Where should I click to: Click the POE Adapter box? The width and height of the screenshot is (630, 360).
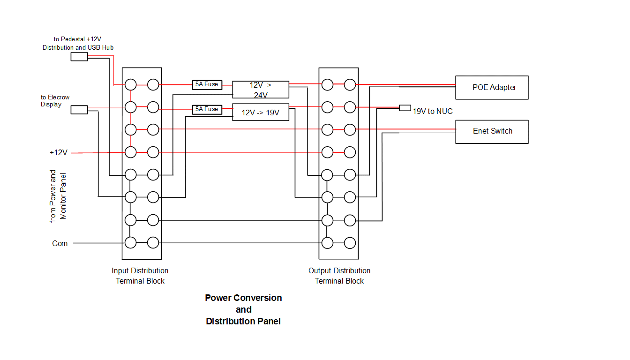(x=492, y=88)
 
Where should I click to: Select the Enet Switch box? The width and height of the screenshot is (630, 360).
(x=492, y=132)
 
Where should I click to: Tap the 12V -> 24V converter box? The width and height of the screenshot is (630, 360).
(x=261, y=90)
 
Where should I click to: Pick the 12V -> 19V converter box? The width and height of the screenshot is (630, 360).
(x=261, y=112)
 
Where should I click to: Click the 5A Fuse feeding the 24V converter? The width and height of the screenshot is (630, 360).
(x=207, y=85)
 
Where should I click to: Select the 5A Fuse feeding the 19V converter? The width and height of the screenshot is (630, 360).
(x=207, y=109)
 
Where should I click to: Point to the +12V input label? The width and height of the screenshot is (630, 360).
(x=59, y=153)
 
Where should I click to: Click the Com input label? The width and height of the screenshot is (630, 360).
(x=60, y=244)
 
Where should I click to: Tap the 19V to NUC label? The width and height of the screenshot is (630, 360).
(x=433, y=112)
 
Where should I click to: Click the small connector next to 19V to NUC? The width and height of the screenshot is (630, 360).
(x=405, y=108)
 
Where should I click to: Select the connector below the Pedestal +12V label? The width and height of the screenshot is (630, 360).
(x=79, y=57)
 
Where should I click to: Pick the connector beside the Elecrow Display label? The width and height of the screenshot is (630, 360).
(x=79, y=110)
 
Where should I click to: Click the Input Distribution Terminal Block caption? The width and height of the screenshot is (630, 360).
(x=140, y=276)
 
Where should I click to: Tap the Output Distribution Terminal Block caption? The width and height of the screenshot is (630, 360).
(x=339, y=276)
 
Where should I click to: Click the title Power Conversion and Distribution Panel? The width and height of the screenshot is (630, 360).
(x=243, y=309)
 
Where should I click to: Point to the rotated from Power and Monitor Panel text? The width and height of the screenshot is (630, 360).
(x=58, y=196)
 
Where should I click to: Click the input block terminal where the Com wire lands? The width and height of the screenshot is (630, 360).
(x=130, y=243)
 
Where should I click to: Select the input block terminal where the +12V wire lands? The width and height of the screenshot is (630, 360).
(x=130, y=152)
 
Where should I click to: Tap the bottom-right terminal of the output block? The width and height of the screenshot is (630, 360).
(x=350, y=243)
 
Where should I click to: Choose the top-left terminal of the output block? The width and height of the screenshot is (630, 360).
(x=327, y=85)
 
